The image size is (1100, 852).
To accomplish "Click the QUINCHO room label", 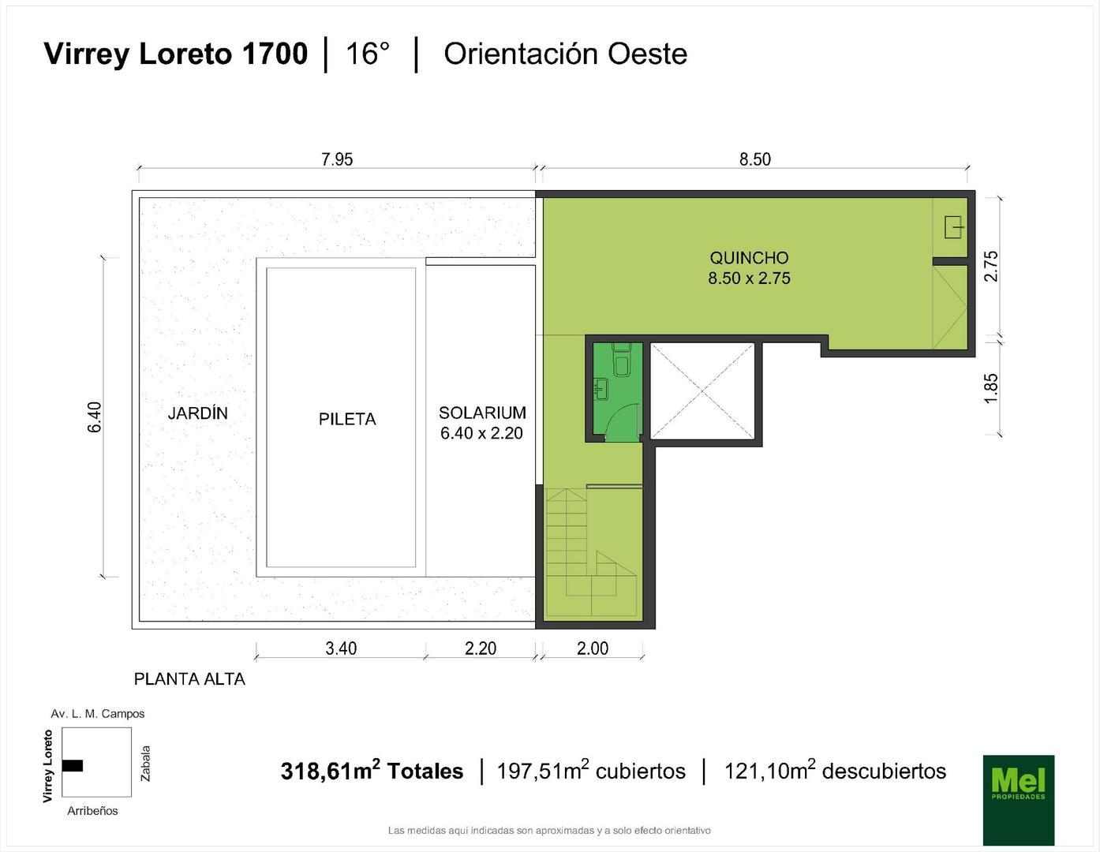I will pos(748,258).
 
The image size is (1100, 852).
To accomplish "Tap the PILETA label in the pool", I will pos(347,420).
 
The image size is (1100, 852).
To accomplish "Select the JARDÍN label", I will pos(197,413).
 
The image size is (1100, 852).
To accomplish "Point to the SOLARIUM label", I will pos(482,413).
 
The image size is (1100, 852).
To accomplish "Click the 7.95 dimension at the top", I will pos(337,159).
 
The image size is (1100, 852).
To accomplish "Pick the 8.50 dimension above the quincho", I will pos(754,159).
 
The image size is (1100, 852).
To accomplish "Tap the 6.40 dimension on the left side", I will pos(95,417).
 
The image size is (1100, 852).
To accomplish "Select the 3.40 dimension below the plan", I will pos(341,648).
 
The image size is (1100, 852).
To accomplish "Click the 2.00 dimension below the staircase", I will pos(593,648).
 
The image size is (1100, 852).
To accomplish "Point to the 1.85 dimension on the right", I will pos(991,388).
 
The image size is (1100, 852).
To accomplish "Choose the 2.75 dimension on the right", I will pos(991,266).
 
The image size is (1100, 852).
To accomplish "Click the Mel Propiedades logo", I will pos(1018,799).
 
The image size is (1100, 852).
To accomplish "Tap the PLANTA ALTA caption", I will pos(189,679).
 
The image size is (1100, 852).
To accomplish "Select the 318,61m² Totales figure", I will pos(372,771).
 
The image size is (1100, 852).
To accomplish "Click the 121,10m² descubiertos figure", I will pos(835,771).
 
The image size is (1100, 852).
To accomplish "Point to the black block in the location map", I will pos(73,765).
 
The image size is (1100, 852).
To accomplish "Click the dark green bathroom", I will pos(614,390).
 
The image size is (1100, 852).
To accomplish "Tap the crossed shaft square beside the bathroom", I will pos(701,390).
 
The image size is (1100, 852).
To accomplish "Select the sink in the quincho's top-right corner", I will pos(953,228).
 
